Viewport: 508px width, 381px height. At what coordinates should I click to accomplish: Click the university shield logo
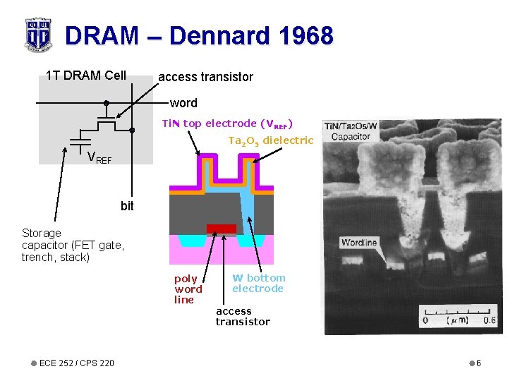point(37,35)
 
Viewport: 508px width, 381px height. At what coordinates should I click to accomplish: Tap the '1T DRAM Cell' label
point(85,75)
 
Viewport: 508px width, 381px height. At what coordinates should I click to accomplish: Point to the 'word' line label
point(183,103)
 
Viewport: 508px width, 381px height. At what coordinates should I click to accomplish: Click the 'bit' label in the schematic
point(127,206)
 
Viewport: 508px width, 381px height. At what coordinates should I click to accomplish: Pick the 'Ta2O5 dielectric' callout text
point(270,141)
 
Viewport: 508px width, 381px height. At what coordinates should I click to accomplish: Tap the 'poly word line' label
point(188,289)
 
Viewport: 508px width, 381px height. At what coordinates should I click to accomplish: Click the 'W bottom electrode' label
point(258,283)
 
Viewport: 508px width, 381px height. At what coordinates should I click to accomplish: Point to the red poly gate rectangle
point(221,229)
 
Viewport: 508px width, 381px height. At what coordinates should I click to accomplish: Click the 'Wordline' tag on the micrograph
point(359,243)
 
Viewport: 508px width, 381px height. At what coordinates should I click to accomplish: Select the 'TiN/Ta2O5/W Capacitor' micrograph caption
point(351,131)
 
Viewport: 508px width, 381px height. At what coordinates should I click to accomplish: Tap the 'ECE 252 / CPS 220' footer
point(77,363)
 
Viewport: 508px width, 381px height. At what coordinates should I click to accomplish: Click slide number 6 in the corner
point(478,363)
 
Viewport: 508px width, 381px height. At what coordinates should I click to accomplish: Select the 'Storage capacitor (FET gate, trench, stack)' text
point(73,245)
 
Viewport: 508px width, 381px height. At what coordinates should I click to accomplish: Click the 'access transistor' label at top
point(205,76)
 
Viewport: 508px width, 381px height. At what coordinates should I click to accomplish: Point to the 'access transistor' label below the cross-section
point(243,316)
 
